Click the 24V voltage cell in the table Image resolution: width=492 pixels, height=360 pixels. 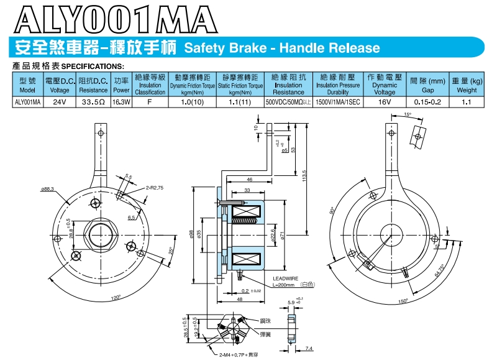60,101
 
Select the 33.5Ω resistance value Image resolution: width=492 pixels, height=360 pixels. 93,101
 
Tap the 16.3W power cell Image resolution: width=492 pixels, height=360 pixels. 121,101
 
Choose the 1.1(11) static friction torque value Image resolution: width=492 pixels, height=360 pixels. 239,101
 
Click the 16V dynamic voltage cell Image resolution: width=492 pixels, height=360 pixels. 384,101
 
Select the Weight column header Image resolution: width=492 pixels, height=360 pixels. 467,85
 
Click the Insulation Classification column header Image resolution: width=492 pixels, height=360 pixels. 150,85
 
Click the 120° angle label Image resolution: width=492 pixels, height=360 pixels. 116,298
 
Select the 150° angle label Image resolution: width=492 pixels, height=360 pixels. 404,302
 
